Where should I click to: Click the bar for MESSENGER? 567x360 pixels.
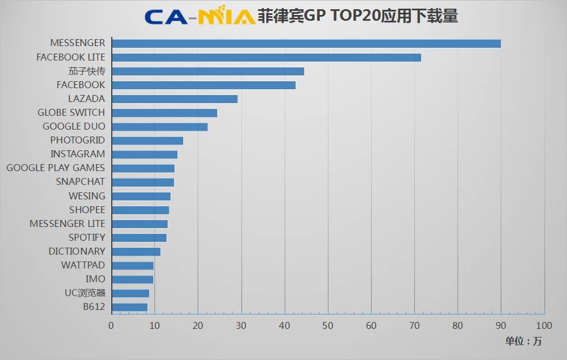click(306, 43)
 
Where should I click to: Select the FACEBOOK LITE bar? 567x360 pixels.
click(266, 57)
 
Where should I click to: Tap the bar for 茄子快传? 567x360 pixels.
click(207, 71)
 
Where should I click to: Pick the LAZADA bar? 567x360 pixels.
click(175, 98)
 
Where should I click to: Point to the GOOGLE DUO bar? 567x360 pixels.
click(160, 127)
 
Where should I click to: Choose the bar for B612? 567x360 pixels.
click(130, 307)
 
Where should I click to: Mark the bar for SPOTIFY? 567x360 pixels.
click(139, 237)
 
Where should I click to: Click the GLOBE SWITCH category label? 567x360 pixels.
click(71, 112)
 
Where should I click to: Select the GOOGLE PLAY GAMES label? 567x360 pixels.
click(56, 168)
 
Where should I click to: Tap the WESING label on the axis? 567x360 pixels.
click(87, 196)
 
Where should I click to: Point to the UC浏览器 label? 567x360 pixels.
click(85, 293)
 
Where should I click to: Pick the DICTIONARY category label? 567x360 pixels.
click(77, 251)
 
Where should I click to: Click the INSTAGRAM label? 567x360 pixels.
click(78, 154)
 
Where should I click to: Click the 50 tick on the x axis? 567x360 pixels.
click(327, 325)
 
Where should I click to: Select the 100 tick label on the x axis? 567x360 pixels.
click(544, 325)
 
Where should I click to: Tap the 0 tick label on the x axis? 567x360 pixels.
click(111, 325)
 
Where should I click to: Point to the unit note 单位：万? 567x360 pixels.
click(524, 341)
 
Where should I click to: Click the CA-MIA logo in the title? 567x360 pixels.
click(199, 16)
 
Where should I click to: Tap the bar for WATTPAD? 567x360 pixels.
click(133, 265)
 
